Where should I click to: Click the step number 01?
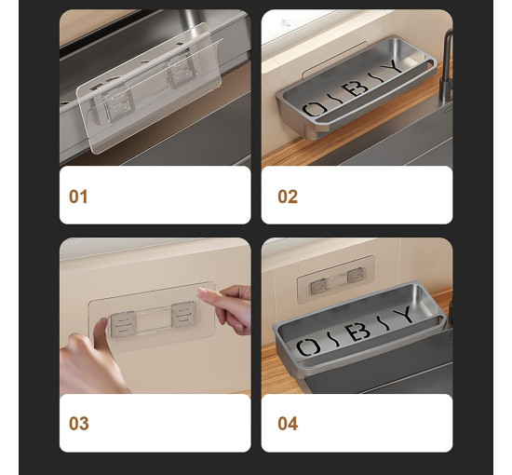tap(78, 197)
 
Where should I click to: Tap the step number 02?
tap(288, 197)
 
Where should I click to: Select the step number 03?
tap(79, 424)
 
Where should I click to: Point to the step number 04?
tap(288, 424)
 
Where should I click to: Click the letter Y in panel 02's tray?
tap(392, 68)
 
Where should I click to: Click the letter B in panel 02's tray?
tap(356, 88)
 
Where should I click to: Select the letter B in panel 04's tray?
tap(361, 332)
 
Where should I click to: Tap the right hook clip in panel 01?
tap(181, 74)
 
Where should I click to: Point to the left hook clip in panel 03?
tap(123, 324)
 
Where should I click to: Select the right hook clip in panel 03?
tap(183, 314)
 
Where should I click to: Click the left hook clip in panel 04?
tap(318, 287)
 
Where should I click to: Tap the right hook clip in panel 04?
tap(356, 276)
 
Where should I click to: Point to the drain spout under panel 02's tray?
tap(313, 132)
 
